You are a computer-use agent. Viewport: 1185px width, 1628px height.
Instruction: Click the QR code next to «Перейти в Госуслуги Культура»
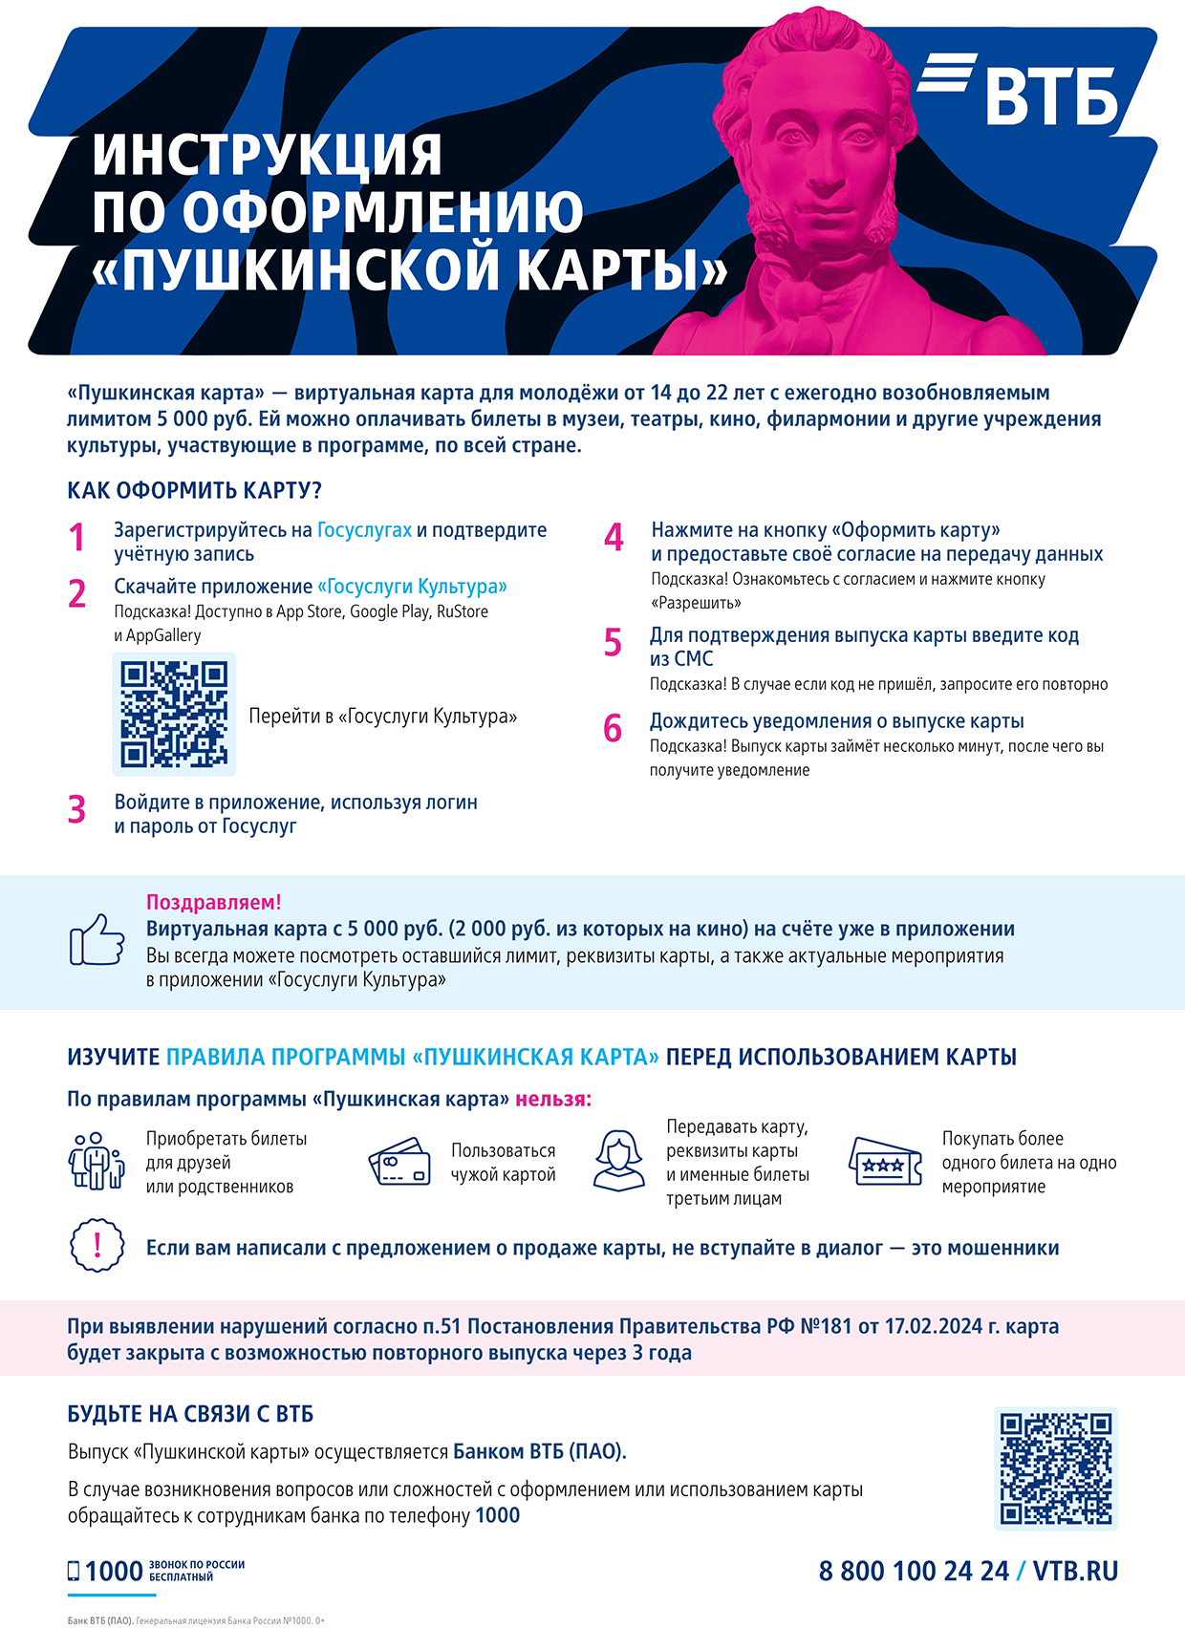(174, 714)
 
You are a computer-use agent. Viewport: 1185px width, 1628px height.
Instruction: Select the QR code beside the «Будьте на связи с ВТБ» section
(1055, 1468)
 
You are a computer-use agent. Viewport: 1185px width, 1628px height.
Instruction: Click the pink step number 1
(76, 538)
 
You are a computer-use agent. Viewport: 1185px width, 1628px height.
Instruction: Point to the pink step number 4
(614, 538)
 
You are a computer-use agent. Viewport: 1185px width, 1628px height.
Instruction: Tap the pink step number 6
(613, 729)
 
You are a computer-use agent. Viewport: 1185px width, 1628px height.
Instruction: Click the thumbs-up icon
(97, 939)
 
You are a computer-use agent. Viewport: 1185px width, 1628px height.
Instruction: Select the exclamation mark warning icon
(97, 1246)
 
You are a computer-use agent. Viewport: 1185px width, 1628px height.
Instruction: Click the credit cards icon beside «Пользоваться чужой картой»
(399, 1162)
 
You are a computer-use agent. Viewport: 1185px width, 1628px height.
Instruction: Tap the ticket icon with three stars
(885, 1163)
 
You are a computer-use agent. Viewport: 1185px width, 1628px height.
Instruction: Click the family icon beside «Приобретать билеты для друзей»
(97, 1162)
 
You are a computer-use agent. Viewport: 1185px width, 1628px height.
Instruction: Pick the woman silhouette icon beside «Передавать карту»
(619, 1161)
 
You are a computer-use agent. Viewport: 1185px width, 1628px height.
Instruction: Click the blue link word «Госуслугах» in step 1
(364, 530)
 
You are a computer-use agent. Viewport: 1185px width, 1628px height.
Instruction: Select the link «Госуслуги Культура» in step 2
(412, 587)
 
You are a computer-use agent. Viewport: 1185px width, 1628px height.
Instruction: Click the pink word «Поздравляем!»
(213, 902)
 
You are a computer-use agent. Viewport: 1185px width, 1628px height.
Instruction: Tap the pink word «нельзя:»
(553, 1100)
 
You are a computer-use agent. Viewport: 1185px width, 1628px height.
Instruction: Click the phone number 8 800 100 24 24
(914, 1572)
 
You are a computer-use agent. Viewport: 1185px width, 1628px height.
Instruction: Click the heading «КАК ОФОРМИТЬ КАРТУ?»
(194, 490)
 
